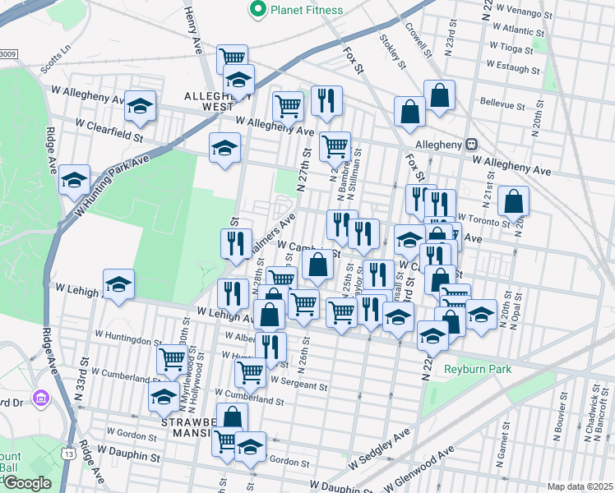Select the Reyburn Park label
tap(478, 369)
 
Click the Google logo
tap(27, 483)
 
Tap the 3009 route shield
tap(7, 54)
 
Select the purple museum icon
tap(39, 399)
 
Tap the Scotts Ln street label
tap(56, 55)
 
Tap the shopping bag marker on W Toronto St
tap(513, 201)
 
